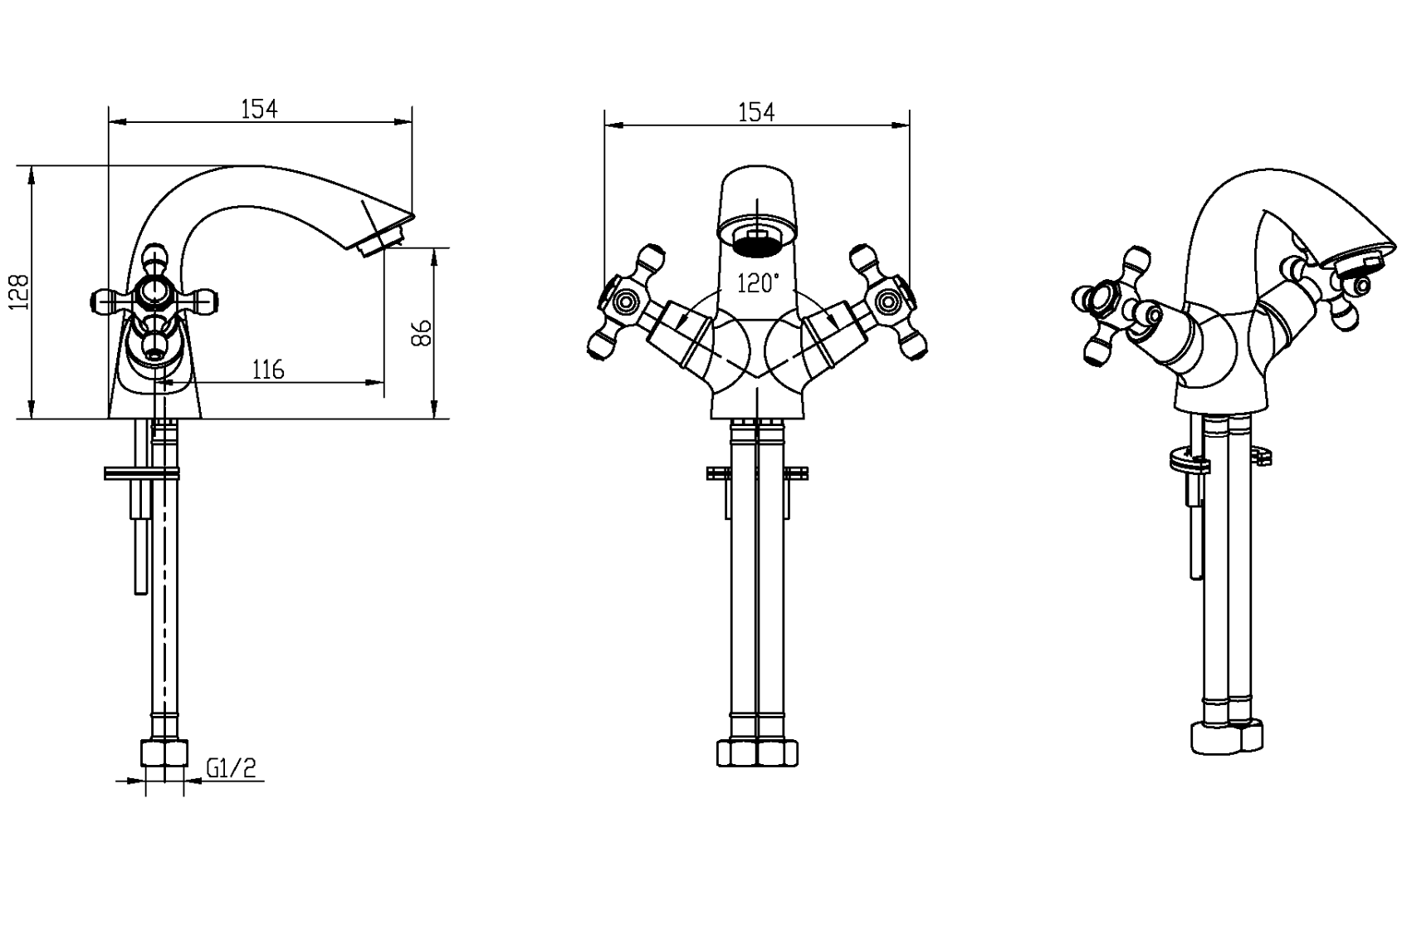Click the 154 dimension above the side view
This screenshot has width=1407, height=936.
[259, 110]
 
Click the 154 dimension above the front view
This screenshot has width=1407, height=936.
[755, 112]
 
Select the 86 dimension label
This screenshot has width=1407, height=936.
[422, 332]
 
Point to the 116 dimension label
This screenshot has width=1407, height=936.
[268, 370]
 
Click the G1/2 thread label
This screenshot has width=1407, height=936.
[231, 768]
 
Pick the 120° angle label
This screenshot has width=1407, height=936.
[758, 283]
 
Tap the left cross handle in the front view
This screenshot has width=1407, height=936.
[626, 302]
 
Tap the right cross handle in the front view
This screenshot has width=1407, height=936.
[888, 302]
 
